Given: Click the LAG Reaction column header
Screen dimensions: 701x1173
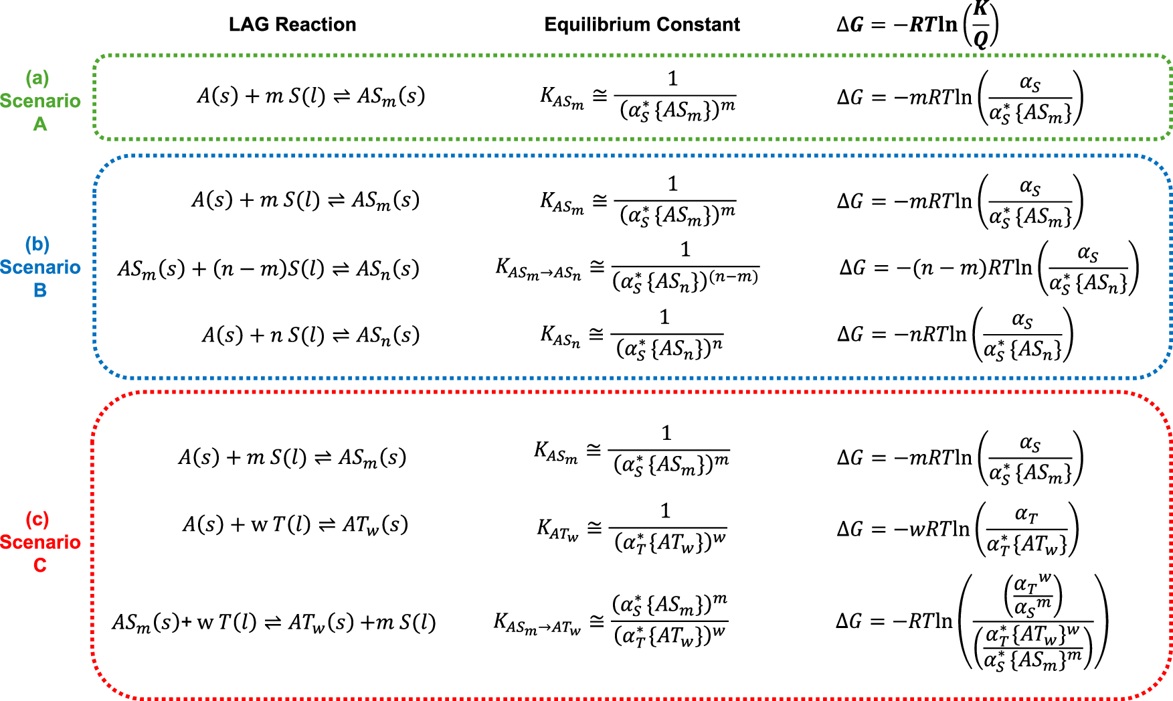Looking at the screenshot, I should [292, 25].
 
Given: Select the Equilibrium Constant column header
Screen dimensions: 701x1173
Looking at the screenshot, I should [642, 25].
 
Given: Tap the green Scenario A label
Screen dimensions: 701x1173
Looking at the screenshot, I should [40, 101].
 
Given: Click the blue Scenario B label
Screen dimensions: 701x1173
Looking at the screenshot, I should [40, 267].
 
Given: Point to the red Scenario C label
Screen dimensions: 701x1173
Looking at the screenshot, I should [40, 542].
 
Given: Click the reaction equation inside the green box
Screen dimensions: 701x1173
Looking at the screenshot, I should [311, 97].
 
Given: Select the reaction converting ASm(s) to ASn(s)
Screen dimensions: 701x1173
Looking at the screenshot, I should [268, 269].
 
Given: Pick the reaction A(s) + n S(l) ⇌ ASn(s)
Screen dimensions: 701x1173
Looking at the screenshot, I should [311, 335].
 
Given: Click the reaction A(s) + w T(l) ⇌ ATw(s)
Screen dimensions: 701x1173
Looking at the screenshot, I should [295, 524].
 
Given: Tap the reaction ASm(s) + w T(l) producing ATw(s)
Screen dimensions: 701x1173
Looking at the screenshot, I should [274, 623].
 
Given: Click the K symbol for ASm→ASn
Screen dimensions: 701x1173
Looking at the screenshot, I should [538, 268].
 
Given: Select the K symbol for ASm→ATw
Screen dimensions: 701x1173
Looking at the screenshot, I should [537, 623].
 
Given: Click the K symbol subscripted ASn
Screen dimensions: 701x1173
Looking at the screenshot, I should [560, 335].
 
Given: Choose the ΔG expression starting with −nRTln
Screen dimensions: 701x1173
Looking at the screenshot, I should [955, 335].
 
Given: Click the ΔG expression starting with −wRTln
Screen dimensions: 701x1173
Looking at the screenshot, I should [958, 529].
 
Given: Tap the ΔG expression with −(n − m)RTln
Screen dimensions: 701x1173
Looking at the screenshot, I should [989, 268].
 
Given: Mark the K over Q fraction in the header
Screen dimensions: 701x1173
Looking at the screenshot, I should [981, 25].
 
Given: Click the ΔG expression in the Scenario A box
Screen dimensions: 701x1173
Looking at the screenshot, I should [960, 98].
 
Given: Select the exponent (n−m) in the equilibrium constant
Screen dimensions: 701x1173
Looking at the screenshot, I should [733, 277].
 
